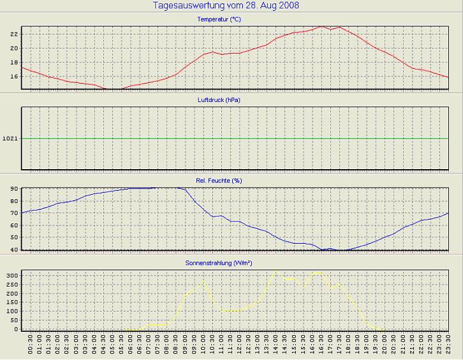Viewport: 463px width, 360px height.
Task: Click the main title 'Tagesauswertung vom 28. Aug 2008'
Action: pyautogui.click(x=226, y=6)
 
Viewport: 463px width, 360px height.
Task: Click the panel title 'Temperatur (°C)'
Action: pyautogui.click(x=219, y=20)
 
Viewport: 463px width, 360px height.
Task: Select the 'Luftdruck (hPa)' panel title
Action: pyautogui.click(x=219, y=100)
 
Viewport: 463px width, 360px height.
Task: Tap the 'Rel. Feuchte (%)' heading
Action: pyautogui.click(x=219, y=181)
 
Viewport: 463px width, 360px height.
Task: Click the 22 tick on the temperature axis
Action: pyautogui.click(x=13, y=34)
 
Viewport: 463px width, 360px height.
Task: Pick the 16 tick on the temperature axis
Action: pyautogui.click(x=13, y=76)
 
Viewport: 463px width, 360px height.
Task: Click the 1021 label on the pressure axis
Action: pyautogui.click(x=10, y=139)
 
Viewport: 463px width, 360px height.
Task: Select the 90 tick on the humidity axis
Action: pyautogui.click(x=13, y=189)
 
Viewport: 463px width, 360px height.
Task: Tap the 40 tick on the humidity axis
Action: pyautogui.click(x=13, y=250)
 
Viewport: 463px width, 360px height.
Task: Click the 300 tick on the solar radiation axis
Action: pyautogui.click(x=11, y=275)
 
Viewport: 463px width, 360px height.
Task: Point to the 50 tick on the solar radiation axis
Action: pyautogui.click(x=13, y=320)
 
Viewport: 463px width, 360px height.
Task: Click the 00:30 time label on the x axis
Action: pyautogui.click(x=31, y=345)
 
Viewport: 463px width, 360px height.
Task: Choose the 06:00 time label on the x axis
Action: pyautogui.click(x=131, y=345)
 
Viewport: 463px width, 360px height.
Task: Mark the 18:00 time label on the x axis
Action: pyautogui.click(x=349, y=345)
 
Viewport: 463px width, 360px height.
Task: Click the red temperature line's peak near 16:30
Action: pyautogui.click(x=321, y=27)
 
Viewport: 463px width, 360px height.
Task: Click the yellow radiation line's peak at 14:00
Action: pyautogui.click(x=276, y=271)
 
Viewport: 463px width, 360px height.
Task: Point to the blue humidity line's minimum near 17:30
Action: pyautogui.click(x=340, y=250)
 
